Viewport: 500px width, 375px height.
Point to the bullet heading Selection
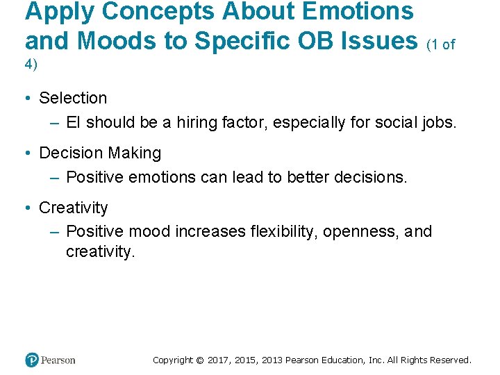pyautogui.click(x=73, y=98)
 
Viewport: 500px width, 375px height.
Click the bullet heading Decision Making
pyautogui.click(x=100, y=153)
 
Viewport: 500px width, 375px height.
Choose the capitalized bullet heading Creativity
pyautogui.click(x=74, y=208)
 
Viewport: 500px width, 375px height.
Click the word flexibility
pyautogui.click(x=284, y=231)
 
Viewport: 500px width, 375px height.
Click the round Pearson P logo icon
pyautogui.click(x=32, y=360)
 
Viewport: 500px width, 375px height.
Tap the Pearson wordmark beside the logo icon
pyautogui.click(x=58, y=360)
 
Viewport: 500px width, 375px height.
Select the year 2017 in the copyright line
pyautogui.click(x=220, y=360)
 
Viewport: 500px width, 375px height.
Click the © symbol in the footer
pyautogui.click(x=200, y=360)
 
